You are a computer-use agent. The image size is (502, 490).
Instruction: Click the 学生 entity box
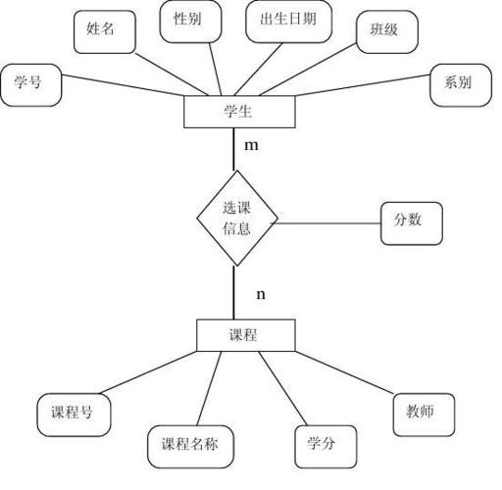(238, 112)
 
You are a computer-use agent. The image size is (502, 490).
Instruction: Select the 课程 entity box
(243, 335)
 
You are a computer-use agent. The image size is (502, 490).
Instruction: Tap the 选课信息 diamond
(236, 219)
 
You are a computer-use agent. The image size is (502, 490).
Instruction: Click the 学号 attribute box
(31, 84)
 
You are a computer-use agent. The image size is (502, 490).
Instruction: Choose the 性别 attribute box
(188, 20)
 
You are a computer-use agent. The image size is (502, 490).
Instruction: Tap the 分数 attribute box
(410, 222)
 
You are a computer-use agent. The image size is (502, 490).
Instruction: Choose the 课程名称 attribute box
(183, 446)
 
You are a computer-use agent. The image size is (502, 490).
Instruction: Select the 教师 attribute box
(424, 414)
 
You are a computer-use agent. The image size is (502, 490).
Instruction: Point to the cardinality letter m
(251, 147)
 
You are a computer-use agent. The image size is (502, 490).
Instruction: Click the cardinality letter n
(261, 294)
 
